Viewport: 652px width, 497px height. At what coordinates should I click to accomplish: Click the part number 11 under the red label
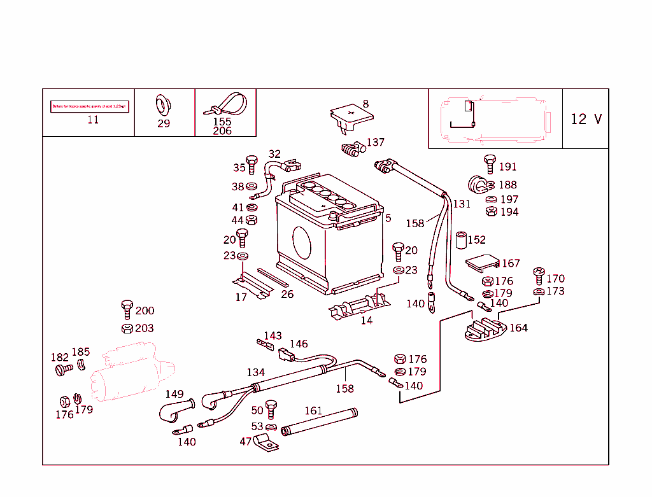[x=93, y=120]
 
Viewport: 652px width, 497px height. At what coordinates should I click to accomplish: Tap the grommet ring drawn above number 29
[x=164, y=104]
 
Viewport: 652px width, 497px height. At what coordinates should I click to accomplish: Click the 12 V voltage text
[x=585, y=119]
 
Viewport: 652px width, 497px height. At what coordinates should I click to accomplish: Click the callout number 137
[x=376, y=143]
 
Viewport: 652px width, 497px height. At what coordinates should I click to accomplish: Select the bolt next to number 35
[x=252, y=164]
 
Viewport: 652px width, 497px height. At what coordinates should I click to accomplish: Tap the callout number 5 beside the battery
[x=388, y=218]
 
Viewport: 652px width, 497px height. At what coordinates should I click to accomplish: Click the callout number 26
[x=287, y=294]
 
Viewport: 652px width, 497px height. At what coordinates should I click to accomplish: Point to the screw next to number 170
[x=539, y=276]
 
